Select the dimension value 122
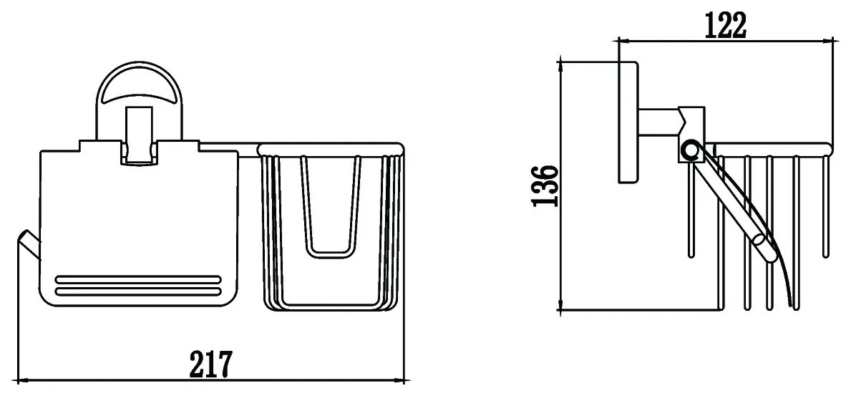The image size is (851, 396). tap(725, 25)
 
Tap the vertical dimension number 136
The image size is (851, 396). tap(545, 185)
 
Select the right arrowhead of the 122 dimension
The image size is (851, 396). tap(828, 39)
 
